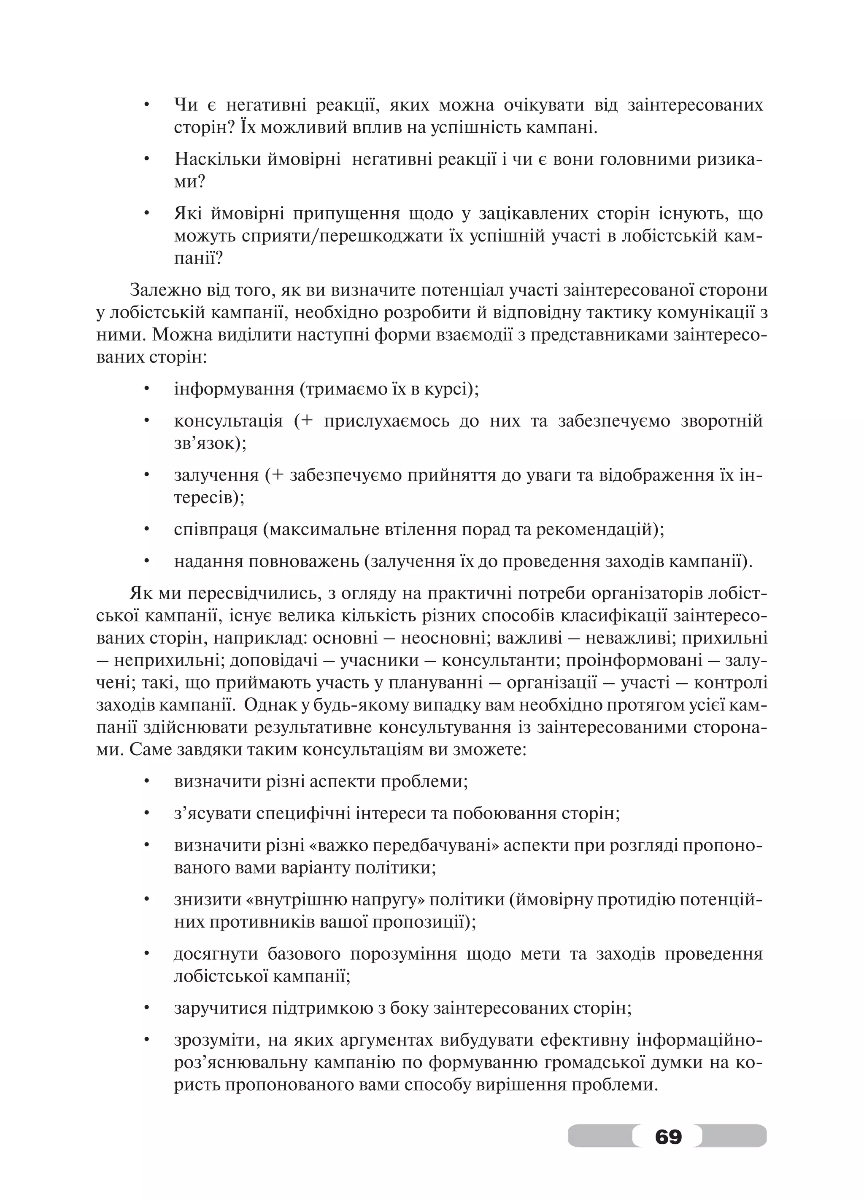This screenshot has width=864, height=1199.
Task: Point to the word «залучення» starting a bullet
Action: click(x=216, y=475)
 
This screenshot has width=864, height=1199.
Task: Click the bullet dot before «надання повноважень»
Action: click(x=147, y=561)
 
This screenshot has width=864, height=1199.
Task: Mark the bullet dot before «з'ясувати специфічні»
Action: click(x=147, y=813)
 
